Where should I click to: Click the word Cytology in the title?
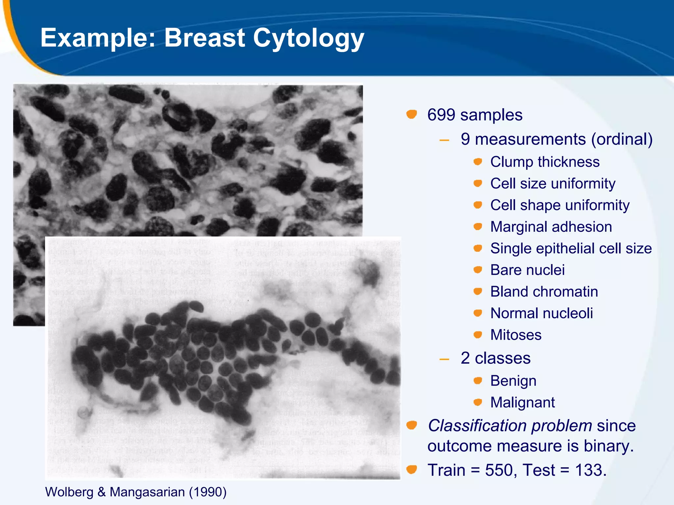[308, 38]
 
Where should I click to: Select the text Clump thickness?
[545, 162]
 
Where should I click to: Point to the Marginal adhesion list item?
[551, 227]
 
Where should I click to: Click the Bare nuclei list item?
[527, 270]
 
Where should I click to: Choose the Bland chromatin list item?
[544, 292]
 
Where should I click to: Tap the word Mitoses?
[516, 335]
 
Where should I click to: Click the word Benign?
[513, 381]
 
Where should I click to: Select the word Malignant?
[522, 402]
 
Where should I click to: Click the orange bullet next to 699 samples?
[411, 114]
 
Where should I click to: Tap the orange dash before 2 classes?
[444, 359]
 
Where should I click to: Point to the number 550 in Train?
[499, 470]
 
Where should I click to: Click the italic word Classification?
[477, 426]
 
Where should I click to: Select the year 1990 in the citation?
[207, 492]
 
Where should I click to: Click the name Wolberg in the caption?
[69, 492]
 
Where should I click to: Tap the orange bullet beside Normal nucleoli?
[478, 313]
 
